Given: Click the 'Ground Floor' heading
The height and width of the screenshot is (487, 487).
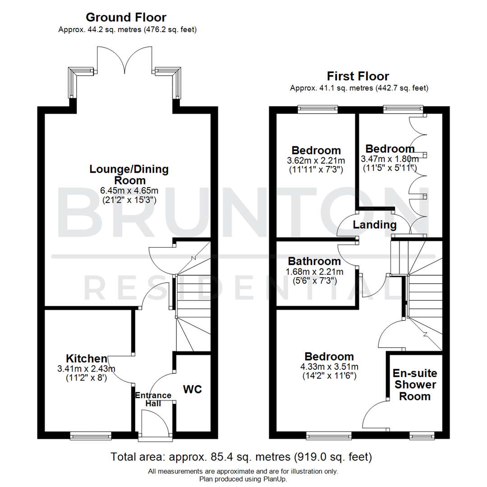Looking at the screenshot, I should (126, 18).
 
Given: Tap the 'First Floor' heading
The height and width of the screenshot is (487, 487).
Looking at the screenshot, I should (358, 76).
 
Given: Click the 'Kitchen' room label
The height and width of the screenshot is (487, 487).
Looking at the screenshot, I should (87, 359).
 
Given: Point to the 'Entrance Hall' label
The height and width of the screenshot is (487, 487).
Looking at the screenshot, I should (153, 400).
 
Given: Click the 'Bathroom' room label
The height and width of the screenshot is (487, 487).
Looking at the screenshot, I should (314, 261).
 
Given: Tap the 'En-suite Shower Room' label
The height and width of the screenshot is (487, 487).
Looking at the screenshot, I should (414, 385).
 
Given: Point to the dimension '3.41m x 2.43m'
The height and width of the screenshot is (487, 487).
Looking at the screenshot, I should (86, 369).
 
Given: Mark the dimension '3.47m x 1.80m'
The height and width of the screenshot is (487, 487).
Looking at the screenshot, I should (390, 159).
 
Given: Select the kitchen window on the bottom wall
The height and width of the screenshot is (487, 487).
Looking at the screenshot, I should (91, 435).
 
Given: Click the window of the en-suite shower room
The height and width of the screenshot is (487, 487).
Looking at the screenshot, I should (422, 435).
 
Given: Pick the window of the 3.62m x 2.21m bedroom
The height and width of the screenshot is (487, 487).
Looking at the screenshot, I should (317, 109).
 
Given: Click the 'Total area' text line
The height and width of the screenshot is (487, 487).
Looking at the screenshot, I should (241, 457).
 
